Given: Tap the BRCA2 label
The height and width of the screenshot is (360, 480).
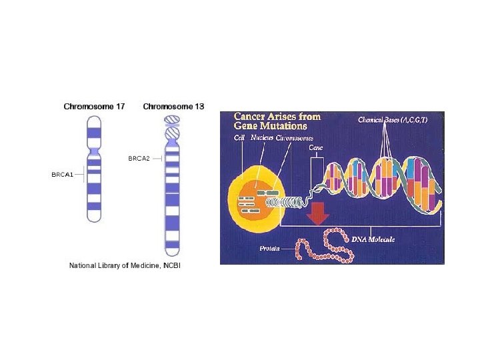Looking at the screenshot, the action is (139, 158).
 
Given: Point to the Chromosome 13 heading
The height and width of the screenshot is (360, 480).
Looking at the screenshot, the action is (173, 106).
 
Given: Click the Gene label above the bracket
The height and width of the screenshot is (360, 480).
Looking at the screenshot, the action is (316, 149).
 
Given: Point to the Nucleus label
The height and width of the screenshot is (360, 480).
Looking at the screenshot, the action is (263, 137).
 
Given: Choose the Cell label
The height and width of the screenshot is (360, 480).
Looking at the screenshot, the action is (239, 137).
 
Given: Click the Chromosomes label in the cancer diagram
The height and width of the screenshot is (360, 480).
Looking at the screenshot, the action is (293, 137).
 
